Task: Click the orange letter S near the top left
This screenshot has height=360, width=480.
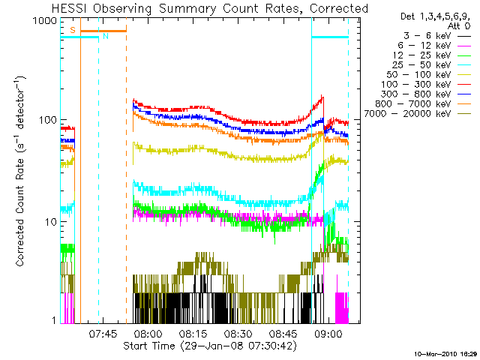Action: tap(73, 30)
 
